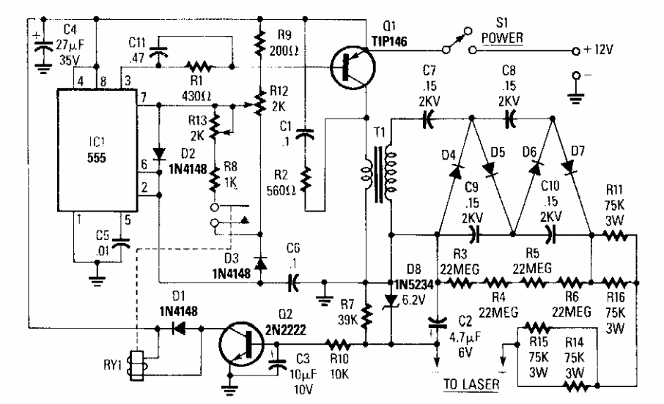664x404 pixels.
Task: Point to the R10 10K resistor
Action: (338, 342)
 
